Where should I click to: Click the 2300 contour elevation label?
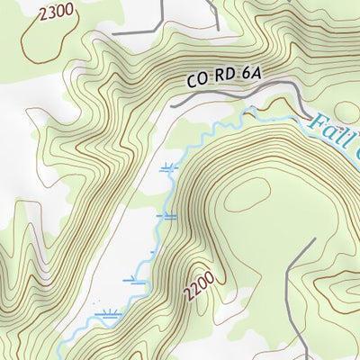pos(56,12)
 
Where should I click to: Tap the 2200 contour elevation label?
pos(200,287)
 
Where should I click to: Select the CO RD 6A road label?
pos(223,78)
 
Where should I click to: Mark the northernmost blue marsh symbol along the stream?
pos(167,167)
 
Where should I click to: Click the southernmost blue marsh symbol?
pos(110,314)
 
